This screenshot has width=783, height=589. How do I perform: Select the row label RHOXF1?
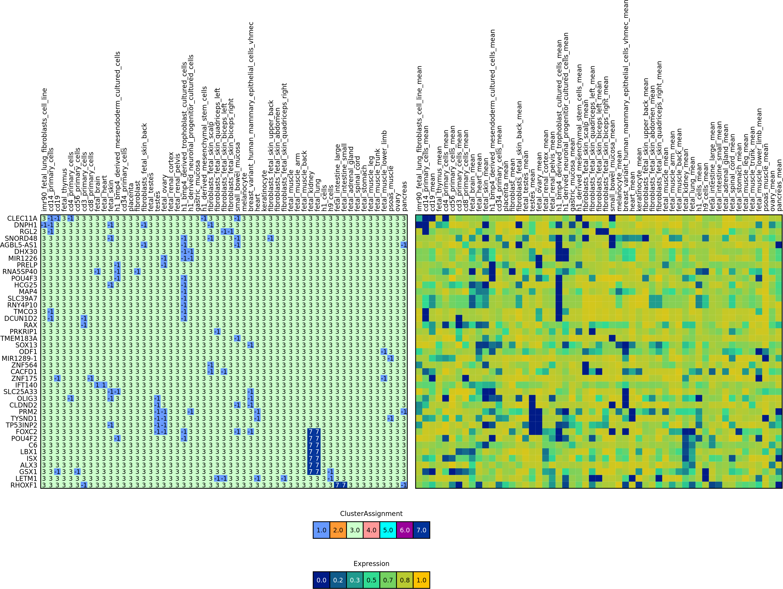point(24,485)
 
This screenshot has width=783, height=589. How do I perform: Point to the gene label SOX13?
point(26,345)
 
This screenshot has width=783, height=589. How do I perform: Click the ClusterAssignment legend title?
point(371,514)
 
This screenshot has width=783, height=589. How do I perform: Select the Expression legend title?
point(371,564)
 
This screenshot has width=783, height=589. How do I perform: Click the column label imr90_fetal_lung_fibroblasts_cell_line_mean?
point(419,138)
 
